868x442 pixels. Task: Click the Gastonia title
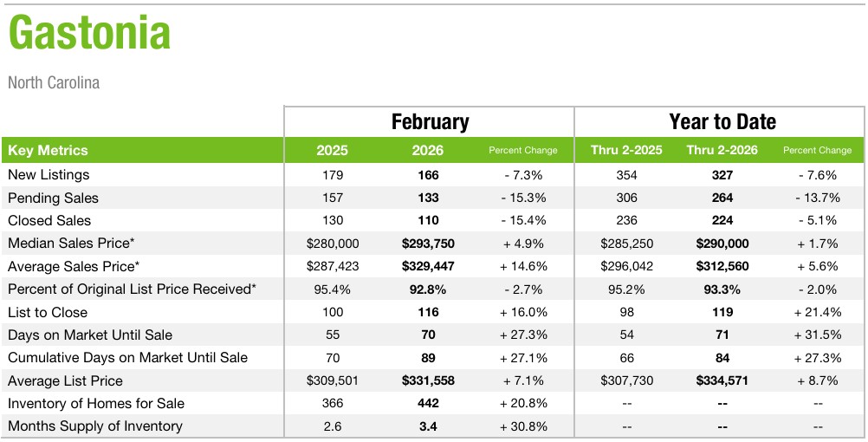click(89, 35)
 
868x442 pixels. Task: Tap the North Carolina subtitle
click(54, 83)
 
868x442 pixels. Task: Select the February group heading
click(430, 121)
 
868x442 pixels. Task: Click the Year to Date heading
click(722, 121)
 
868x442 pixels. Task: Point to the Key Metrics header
click(48, 150)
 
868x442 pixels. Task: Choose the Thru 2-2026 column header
click(722, 150)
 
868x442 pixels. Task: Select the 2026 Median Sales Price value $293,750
click(428, 244)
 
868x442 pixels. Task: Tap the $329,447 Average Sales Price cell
click(428, 266)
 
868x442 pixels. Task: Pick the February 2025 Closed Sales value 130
click(332, 221)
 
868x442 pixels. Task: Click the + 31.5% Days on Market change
click(817, 335)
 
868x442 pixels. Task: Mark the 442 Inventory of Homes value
click(428, 404)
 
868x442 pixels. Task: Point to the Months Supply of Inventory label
click(95, 426)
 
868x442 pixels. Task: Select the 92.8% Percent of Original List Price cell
click(428, 289)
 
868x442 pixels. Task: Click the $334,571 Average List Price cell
click(722, 381)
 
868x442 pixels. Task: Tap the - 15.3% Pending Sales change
click(523, 198)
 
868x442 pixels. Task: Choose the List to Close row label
click(48, 313)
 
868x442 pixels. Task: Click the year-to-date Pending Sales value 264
click(722, 198)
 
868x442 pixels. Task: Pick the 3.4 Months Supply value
click(428, 426)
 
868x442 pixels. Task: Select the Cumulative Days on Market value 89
click(428, 358)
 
